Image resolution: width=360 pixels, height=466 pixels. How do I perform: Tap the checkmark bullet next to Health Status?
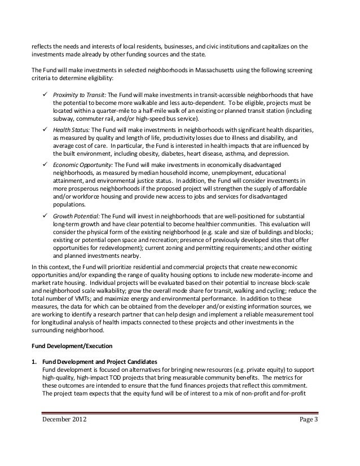coord(45,129)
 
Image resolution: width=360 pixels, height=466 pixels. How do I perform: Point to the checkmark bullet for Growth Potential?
coord(45,217)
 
